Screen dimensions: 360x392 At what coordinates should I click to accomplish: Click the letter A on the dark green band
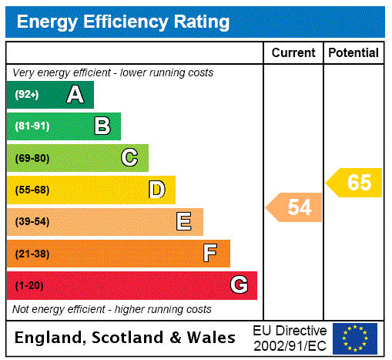pos(75,95)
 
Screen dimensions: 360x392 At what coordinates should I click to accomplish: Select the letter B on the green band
pos(102,126)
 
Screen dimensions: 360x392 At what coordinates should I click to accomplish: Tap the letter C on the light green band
pos(129,158)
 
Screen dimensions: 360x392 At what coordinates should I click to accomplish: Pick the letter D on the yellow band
pos(157,190)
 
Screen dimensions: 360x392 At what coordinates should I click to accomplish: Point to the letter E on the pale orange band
pos(184,222)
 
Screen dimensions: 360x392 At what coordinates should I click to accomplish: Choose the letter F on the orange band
pos(210,254)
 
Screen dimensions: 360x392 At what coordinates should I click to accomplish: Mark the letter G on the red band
pos(240,285)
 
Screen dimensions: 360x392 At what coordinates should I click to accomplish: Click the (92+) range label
pos(27,96)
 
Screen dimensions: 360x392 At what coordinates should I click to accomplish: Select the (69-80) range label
pos(32,159)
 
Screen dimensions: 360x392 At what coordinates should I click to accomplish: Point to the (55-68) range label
pos(32,190)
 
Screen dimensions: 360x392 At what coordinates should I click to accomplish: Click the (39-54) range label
pos(32,222)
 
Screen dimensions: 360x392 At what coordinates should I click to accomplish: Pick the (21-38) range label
pos(32,254)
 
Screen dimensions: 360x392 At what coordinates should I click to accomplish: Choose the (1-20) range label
pos(29,286)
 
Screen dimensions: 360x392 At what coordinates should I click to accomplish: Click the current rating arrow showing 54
pos(296,207)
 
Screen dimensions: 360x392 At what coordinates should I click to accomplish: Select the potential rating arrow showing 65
pos(355,183)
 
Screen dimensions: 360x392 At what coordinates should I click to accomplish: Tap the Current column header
pos(293,53)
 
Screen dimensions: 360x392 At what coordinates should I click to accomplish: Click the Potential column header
pos(353,53)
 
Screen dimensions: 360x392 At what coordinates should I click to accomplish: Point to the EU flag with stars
pos(355,338)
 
